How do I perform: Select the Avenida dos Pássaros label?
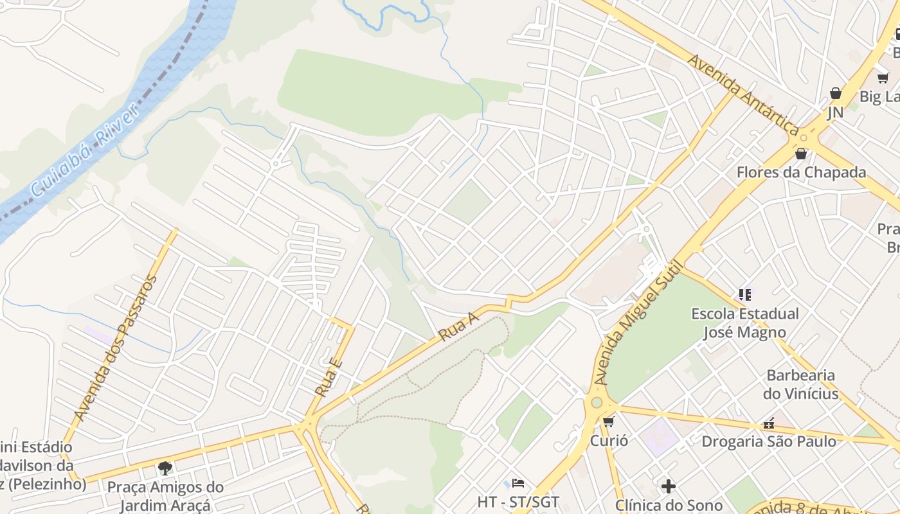coord(116,348)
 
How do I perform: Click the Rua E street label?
coord(328,378)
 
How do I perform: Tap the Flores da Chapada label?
coord(801,172)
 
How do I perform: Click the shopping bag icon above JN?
coord(835,93)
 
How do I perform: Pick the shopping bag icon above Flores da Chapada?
coord(801,154)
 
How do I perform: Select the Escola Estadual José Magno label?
coord(745,323)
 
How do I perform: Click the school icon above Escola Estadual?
coord(745,295)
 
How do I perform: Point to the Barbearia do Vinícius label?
coord(801,384)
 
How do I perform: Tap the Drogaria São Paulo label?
coord(769,441)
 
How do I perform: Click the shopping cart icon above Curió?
coord(608,422)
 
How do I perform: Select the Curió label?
coord(609,441)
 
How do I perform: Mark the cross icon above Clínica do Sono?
coord(669,486)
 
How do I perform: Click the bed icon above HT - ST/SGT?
coord(518,483)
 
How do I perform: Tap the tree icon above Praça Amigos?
coord(165,468)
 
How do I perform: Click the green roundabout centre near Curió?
coord(597,403)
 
